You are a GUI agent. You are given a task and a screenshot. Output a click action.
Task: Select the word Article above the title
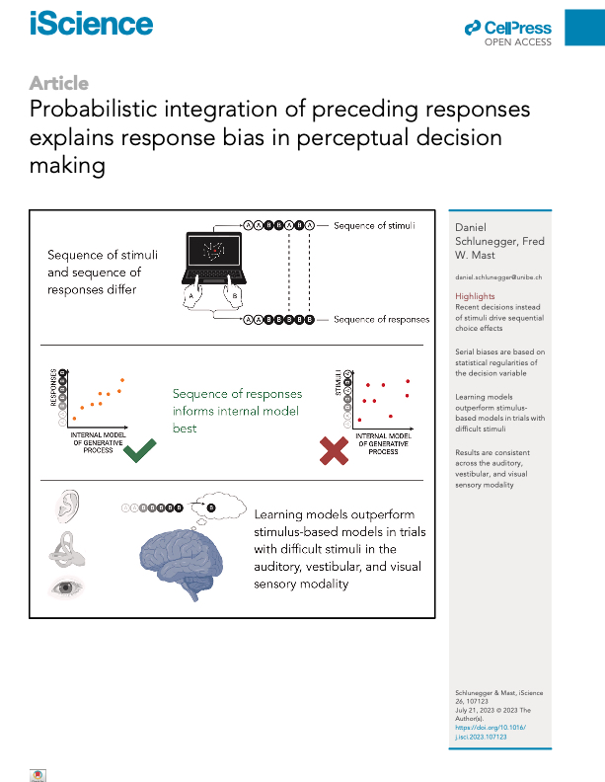(59, 83)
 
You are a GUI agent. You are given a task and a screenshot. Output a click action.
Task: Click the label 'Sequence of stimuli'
(373, 226)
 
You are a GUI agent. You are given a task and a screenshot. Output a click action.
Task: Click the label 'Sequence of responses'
(381, 320)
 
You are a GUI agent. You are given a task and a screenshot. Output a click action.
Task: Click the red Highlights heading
(475, 296)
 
